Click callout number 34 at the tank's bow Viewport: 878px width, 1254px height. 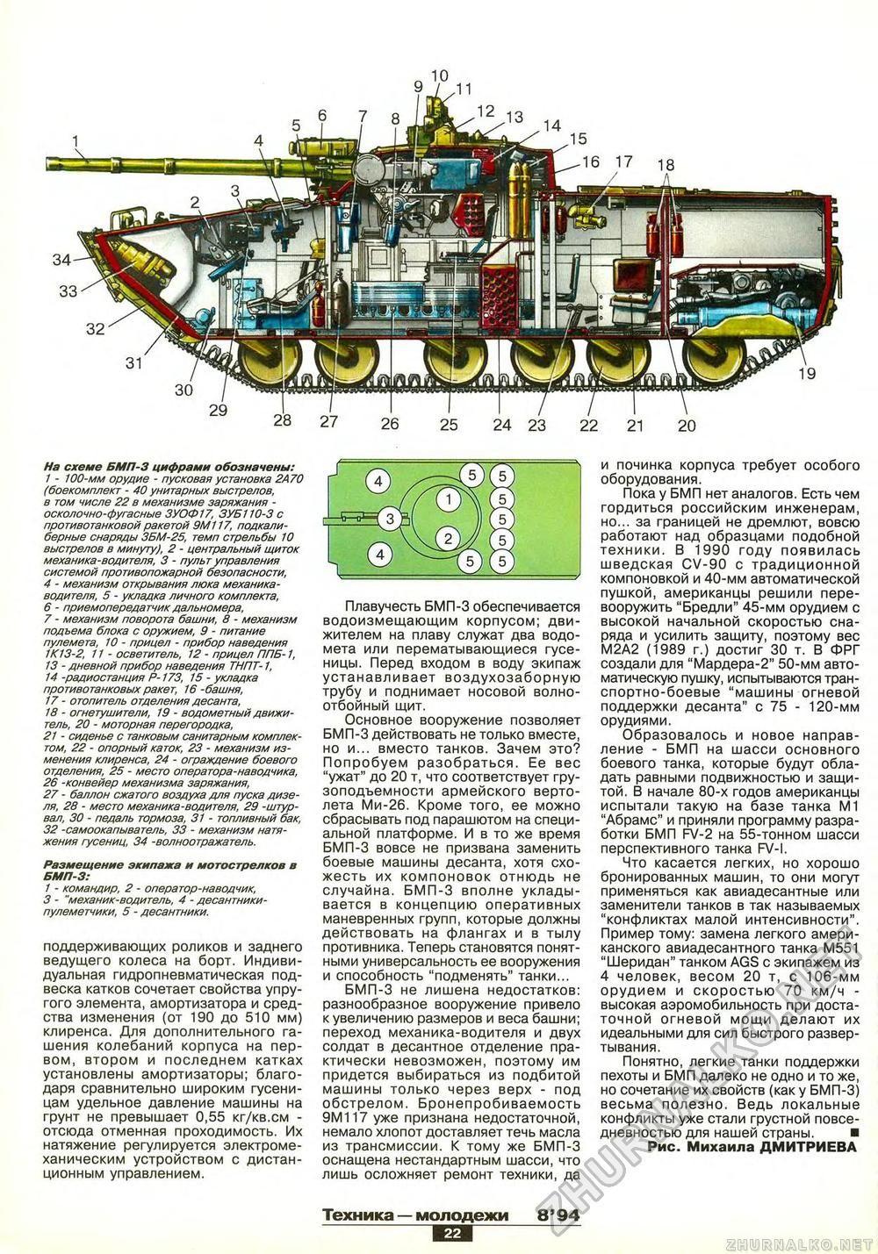click(x=61, y=260)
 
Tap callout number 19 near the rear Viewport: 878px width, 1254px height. click(x=807, y=374)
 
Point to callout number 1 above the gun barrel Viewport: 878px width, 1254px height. click(x=76, y=140)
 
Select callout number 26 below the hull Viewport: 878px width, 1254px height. click(x=390, y=424)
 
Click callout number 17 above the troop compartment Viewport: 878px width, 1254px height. click(x=623, y=162)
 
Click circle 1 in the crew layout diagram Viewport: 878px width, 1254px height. click(x=449, y=498)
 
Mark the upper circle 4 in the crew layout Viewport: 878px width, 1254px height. click(x=378, y=481)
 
